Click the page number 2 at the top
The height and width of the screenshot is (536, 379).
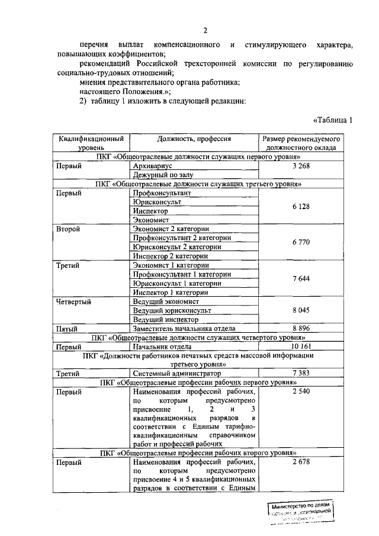[205, 30]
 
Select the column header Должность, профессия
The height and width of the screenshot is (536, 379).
[194, 139]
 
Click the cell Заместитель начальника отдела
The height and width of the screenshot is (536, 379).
[184, 328]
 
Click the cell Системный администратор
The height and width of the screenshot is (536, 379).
[177, 374]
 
